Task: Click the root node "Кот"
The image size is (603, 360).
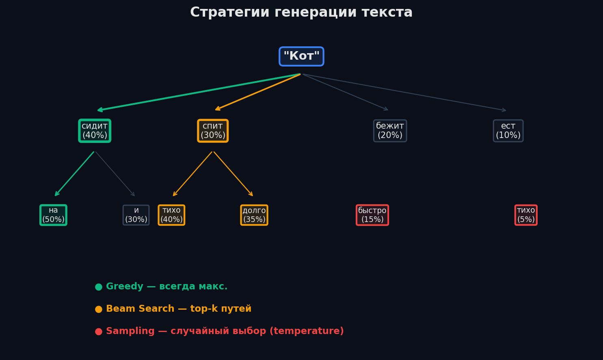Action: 301,56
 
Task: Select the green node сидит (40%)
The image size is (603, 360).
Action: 95,131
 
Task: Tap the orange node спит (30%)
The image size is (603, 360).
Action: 213,131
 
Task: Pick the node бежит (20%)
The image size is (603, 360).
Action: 390,131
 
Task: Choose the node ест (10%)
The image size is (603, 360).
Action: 508,131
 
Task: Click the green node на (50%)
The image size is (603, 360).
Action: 53,215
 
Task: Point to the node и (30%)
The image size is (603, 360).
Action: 136,215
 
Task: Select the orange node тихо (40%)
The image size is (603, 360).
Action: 171,215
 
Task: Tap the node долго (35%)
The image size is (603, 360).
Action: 254,215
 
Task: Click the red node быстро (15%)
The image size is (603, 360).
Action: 372,215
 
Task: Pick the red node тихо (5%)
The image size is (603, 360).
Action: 526,215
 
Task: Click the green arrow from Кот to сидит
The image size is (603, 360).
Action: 199,92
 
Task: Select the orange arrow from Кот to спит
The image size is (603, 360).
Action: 258,92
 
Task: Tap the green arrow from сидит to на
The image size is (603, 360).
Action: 75,174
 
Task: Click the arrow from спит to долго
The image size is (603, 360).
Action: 233,174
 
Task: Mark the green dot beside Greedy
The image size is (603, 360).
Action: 98,287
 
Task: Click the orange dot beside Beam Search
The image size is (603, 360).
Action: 98,309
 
